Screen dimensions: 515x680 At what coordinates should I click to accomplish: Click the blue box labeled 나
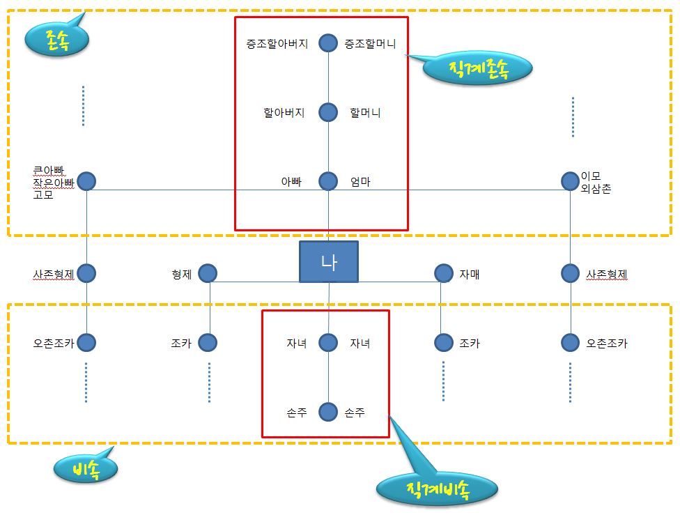(x=328, y=262)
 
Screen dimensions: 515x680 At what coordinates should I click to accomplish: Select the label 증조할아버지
(x=277, y=44)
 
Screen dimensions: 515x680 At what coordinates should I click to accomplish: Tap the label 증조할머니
(x=370, y=44)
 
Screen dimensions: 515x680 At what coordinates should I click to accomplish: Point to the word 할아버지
(x=284, y=112)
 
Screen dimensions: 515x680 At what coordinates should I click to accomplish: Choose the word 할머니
(x=365, y=112)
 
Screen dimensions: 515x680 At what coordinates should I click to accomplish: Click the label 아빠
(x=291, y=182)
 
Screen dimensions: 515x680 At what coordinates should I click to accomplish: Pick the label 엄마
(x=360, y=182)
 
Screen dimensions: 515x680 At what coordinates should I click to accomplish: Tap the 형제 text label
(x=182, y=274)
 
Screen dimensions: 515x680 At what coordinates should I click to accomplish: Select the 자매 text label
(x=469, y=274)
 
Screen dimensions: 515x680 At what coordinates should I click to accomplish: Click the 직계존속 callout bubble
(x=478, y=68)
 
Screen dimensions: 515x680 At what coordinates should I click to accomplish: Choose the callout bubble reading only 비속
(x=85, y=470)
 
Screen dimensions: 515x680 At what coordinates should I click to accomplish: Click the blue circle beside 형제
(x=207, y=273)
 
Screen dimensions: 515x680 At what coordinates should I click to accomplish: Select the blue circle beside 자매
(x=443, y=273)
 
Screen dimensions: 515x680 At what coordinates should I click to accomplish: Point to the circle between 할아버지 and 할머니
(x=328, y=112)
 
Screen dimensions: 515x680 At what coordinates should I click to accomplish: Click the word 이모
(x=591, y=176)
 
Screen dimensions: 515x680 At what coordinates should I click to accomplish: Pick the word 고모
(x=43, y=194)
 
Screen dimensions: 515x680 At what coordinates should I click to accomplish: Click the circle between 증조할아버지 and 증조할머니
(x=328, y=43)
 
